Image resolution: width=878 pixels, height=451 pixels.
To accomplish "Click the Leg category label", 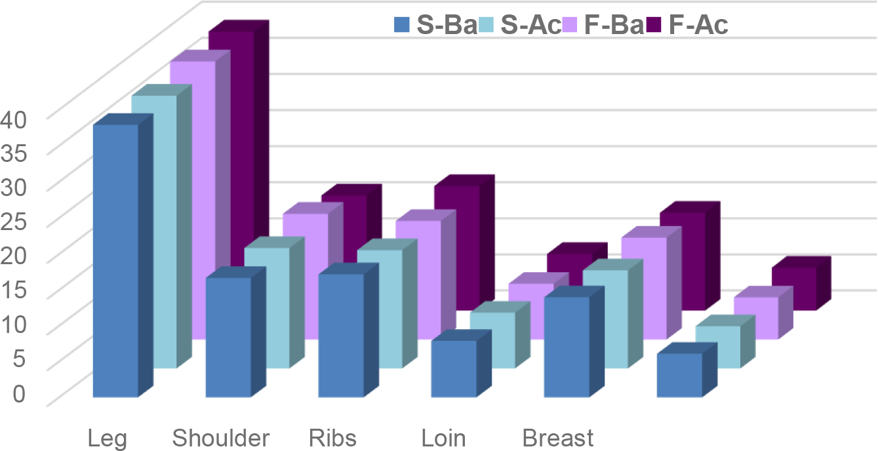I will click(108, 437).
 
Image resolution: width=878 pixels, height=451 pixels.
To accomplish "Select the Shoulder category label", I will click(221, 437).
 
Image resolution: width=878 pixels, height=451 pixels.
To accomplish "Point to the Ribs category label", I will click(332, 437).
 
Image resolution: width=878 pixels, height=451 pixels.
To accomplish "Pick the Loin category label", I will click(444, 437).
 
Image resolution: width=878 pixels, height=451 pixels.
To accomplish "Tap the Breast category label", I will click(558, 437).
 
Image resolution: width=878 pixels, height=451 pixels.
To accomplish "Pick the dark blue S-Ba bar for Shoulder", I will click(228, 337).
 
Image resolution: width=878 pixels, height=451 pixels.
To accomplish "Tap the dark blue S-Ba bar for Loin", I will click(454, 368).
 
